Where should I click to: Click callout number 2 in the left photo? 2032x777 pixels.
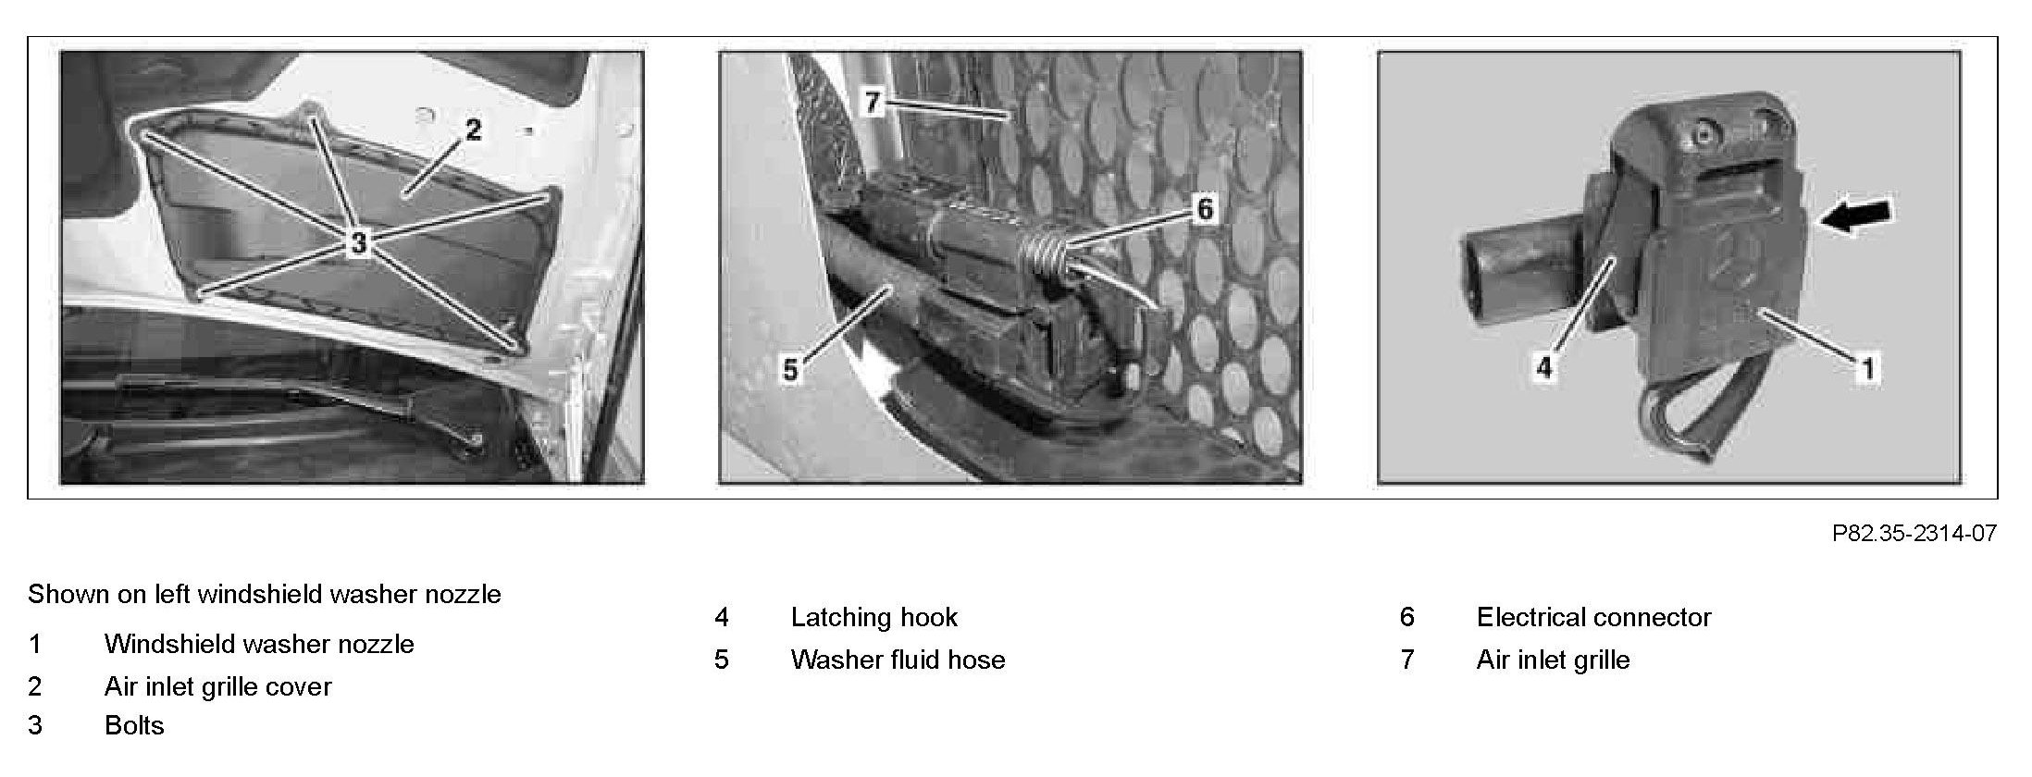[x=473, y=129]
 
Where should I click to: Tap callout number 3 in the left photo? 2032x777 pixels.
[x=358, y=243]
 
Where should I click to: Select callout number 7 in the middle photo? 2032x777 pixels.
[x=872, y=101]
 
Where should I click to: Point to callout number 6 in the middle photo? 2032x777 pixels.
[x=1204, y=209]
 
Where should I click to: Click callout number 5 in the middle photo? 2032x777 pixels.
[x=789, y=371]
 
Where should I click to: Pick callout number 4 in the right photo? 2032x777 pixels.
[x=1543, y=367]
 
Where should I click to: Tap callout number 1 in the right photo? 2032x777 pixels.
[x=1867, y=369]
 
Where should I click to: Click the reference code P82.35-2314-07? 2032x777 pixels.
[x=1914, y=534]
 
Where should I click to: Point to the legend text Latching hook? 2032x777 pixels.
[x=874, y=617]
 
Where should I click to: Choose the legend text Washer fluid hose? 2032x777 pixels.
[x=898, y=660]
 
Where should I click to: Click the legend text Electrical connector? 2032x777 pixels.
[x=1593, y=617]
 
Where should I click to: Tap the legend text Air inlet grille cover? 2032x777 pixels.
[x=217, y=686]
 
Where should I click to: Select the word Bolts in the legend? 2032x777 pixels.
[x=134, y=725]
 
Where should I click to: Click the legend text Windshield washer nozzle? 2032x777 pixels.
[x=259, y=644]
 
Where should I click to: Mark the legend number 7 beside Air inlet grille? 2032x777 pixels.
[x=1407, y=660]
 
